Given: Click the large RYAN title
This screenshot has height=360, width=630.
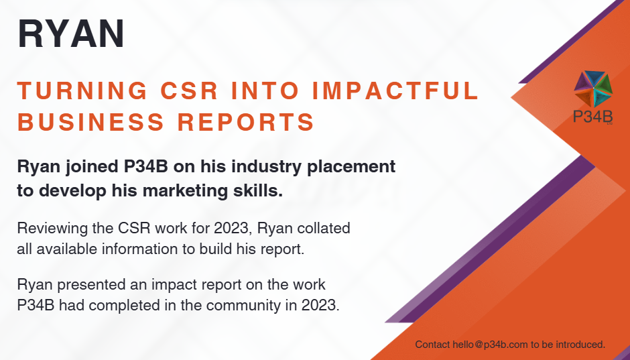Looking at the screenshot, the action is coord(71,34).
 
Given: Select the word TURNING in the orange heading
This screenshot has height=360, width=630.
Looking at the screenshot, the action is coord(82,91).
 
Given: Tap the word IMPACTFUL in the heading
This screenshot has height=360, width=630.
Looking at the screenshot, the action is coord(395,91).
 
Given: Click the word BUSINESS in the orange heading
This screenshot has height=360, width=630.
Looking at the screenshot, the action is coord(90,122).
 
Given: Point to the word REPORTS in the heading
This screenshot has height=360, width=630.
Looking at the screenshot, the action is coord(246,122).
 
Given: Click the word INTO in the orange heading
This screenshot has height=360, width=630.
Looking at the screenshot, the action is coord(265,91).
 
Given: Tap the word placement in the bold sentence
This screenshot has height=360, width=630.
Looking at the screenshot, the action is coord(351,167).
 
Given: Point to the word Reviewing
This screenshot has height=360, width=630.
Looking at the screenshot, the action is coord(53,229).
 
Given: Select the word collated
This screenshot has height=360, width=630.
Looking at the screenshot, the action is coord(324,228).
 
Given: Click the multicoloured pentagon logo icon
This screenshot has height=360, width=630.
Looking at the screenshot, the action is coord(593,88).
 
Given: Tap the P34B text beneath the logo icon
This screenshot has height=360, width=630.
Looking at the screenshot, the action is coord(592,117).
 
